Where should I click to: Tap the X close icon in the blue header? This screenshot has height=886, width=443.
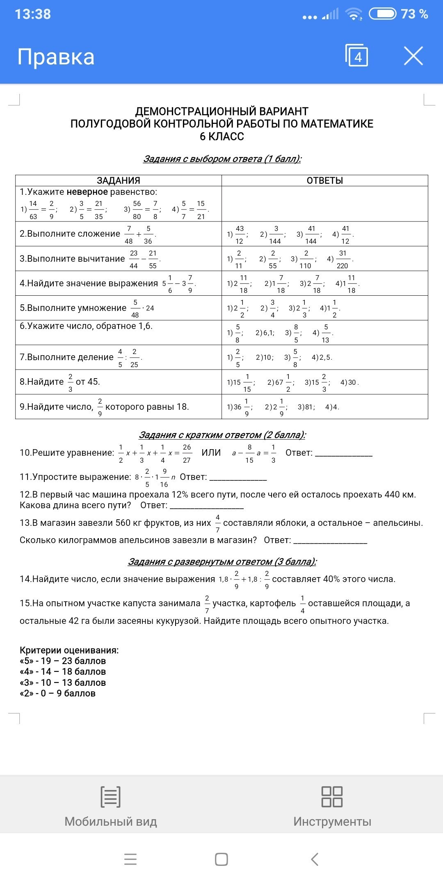click(x=413, y=56)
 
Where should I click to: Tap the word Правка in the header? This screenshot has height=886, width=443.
click(x=56, y=57)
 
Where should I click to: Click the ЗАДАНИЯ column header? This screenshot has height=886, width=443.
click(x=118, y=180)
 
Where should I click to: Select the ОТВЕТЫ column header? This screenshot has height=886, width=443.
click(x=324, y=180)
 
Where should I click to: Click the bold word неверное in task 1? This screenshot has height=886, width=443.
click(x=87, y=192)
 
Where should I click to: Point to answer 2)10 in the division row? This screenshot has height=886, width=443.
click(x=265, y=358)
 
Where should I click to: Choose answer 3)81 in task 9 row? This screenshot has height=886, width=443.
click(x=306, y=407)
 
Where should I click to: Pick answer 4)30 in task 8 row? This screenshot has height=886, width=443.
click(x=349, y=383)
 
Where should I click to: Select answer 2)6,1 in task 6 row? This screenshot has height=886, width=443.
click(x=265, y=333)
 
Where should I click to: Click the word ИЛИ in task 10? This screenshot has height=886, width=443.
click(x=211, y=453)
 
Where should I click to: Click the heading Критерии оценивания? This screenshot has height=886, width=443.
click(x=69, y=650)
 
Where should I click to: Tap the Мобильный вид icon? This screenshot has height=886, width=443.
click(x=110, y=797)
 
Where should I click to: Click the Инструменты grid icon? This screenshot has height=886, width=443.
click(x=332, y=797)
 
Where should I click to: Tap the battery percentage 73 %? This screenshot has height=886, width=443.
click(x=414, y=14)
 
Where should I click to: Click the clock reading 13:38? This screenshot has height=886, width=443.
click(x=33, y=14)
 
